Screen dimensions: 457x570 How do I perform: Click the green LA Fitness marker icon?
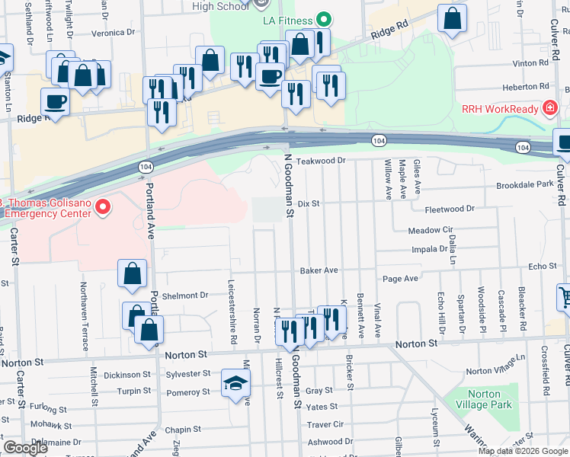click(x=323, y=20)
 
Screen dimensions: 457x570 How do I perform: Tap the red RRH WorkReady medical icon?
click(x=549, y=109)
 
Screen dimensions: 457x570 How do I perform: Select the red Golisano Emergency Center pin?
click(x=105, y=206)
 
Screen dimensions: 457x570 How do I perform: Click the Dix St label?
click(x=308, y=203)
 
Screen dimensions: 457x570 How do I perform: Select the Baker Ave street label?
click(x=319, y=270)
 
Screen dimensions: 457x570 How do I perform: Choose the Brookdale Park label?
click(x=524, y=185)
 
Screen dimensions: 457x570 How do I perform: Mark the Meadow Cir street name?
click(x=431, y=230)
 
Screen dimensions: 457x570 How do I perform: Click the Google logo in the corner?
click(x=25, y=448)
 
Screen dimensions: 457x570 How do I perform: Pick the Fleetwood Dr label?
click(x=449, y=208)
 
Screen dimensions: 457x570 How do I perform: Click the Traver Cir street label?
click(x=325, y=424)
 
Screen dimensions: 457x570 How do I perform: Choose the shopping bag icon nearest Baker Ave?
click(x=133, y=275)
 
